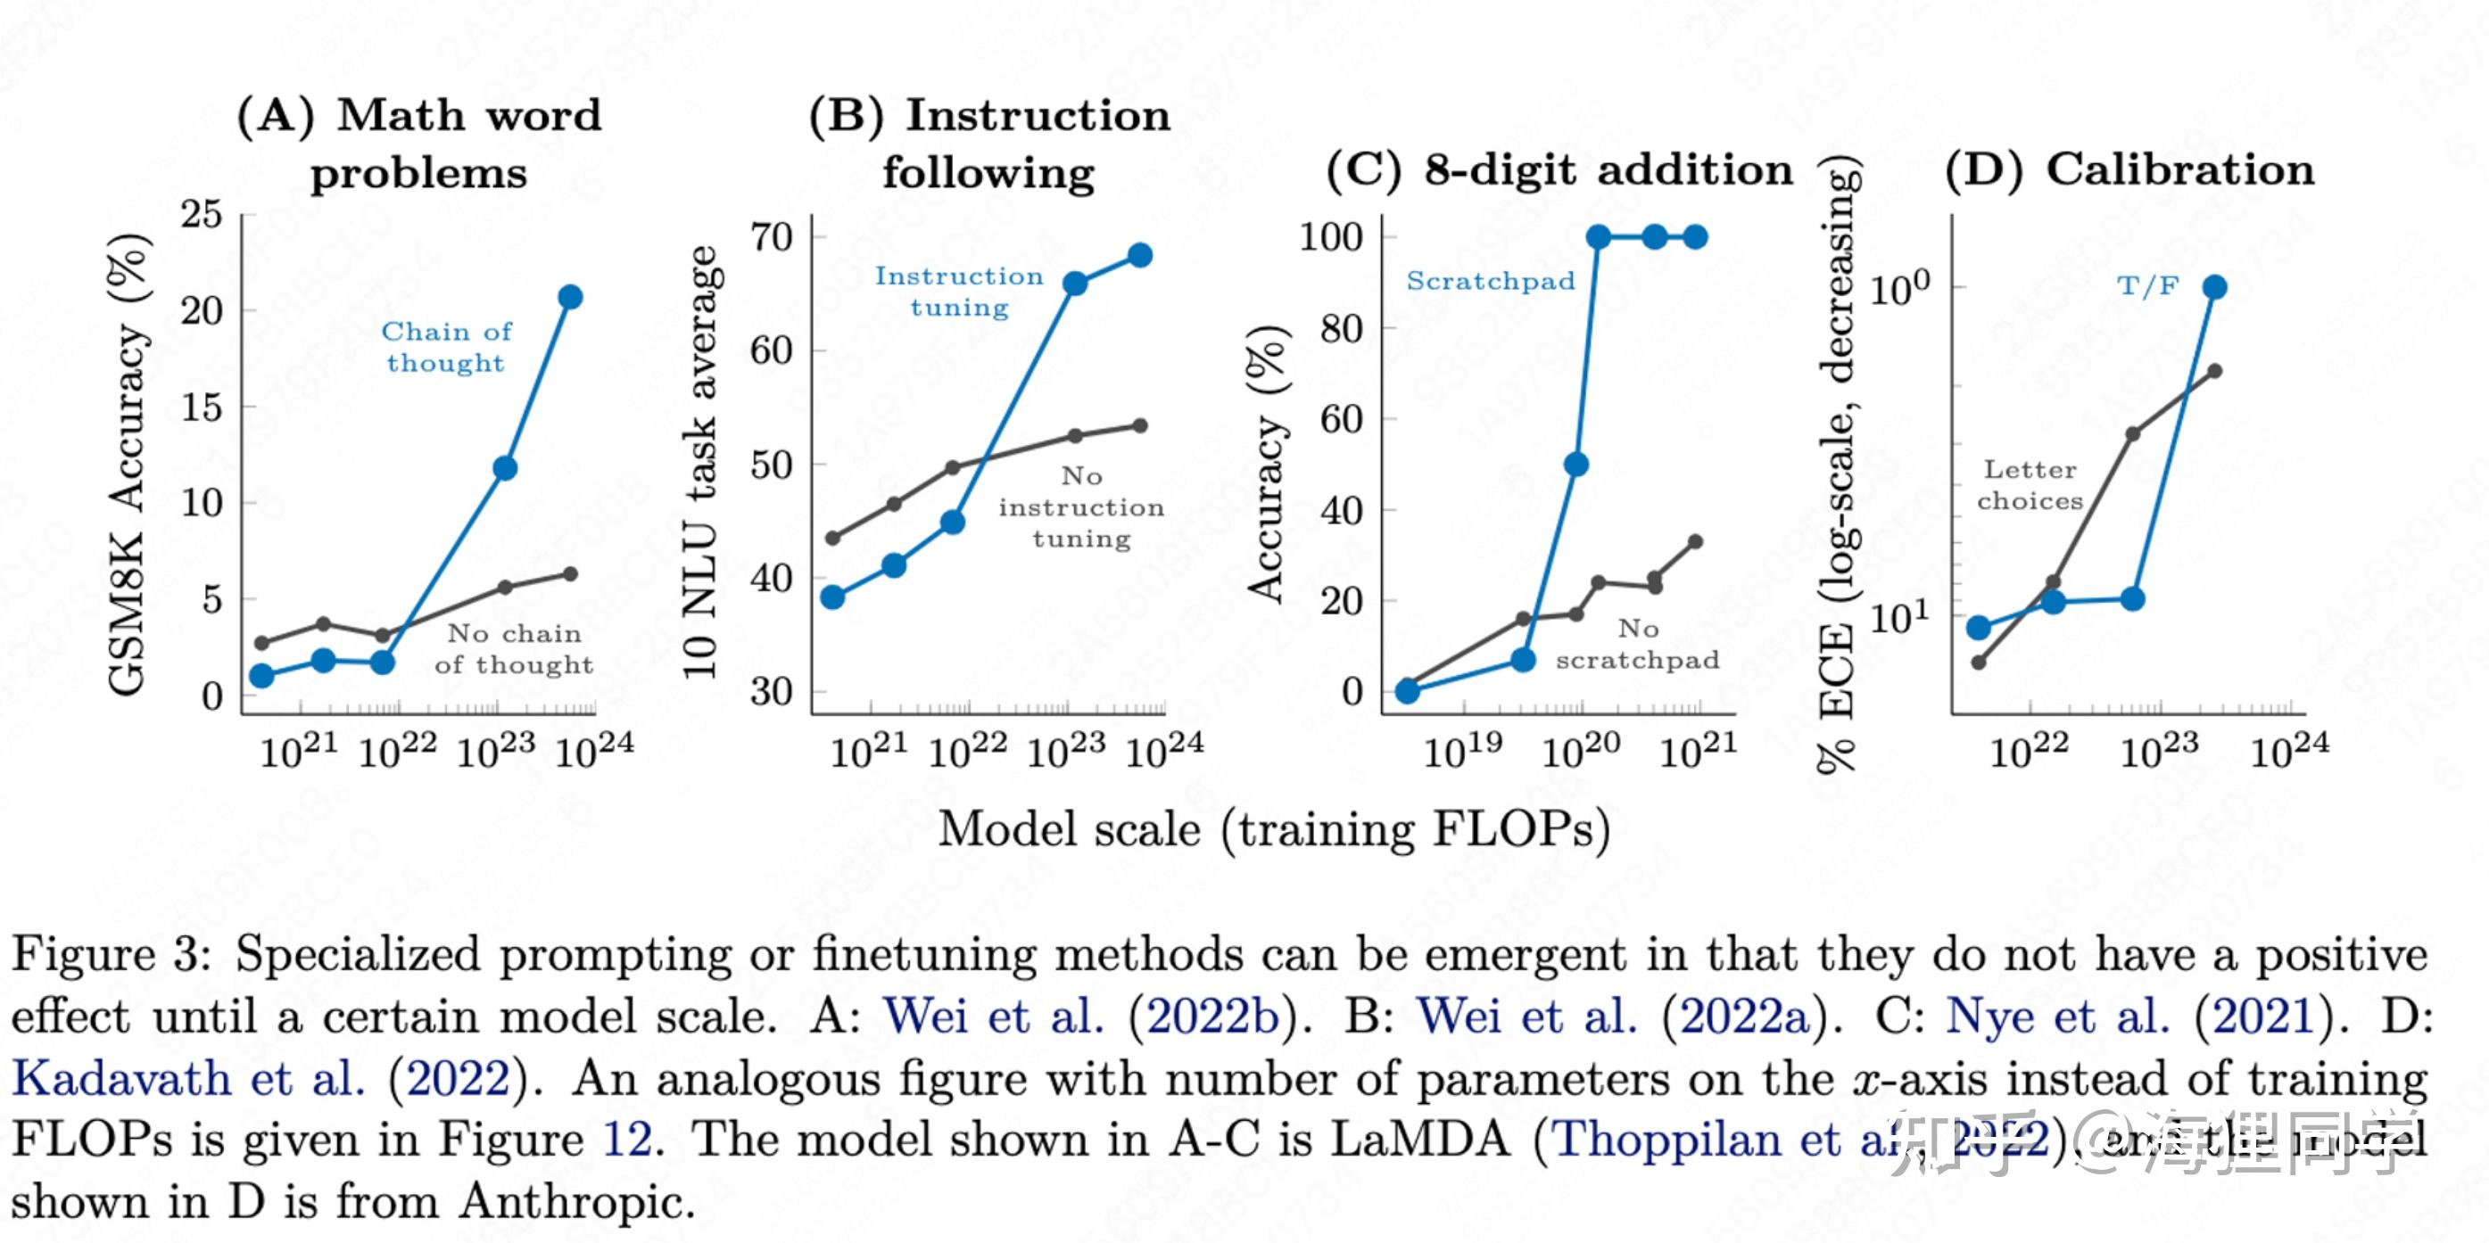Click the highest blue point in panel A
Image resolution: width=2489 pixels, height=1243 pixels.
point(570,297)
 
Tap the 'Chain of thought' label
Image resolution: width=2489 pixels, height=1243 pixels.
point(445,347)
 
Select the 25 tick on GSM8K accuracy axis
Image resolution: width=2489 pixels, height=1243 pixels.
point(202,214)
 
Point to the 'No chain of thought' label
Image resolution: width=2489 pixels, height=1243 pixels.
point(513,649)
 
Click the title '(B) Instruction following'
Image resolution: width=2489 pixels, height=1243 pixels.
point(989,144)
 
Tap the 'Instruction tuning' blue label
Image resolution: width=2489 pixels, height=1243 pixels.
point(958,291)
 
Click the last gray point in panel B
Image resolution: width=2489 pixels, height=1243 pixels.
point(1140,426)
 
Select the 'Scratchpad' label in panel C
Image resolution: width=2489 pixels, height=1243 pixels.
point(1490,281)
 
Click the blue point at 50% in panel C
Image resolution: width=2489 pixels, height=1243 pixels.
point(1575,465)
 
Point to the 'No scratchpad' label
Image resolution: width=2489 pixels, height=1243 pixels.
point(1638,644)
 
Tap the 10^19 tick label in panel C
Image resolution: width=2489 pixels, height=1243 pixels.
point(1463,748)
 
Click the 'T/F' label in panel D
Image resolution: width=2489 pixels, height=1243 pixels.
point(2147,286)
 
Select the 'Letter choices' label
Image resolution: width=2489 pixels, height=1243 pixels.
point(2030,485)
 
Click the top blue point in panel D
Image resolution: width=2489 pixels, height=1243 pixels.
point(2215,287)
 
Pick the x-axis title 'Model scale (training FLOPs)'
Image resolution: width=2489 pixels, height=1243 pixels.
point(1273,829)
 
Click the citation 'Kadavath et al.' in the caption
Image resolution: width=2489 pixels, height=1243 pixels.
point(188,1078)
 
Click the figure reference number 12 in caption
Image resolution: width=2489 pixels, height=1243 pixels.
point(627,1140)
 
